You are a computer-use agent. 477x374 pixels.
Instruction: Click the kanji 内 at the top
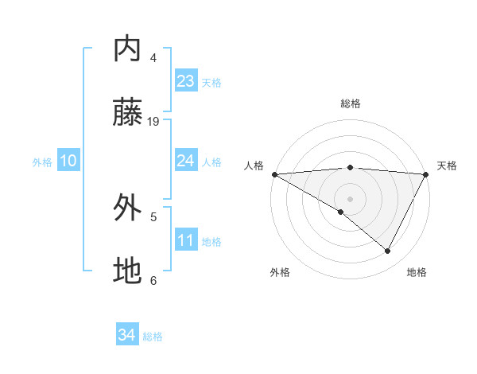(128, 49)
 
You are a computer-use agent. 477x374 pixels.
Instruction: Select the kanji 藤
(128, 113)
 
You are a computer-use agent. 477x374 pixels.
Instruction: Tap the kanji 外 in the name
(128, 208)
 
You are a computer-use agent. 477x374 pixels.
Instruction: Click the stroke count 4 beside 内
(153, 57)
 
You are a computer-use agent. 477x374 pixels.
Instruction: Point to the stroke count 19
(153, 121)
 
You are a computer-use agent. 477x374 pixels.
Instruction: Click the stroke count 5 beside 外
(153, 216)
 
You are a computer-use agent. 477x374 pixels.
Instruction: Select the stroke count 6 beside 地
(153, 280)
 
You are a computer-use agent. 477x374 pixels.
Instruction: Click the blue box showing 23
(185, 81)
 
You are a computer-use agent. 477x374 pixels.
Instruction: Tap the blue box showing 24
(185, 161)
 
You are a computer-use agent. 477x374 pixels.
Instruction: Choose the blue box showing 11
(185, 240)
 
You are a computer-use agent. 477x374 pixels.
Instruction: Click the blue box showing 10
(68, 161)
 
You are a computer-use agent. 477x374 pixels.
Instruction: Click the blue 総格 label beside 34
(153, 337)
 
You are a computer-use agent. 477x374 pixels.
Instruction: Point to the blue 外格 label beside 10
(42, 162)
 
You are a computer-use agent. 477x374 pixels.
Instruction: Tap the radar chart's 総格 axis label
(350, 103)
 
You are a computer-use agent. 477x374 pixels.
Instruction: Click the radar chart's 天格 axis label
(448, 166)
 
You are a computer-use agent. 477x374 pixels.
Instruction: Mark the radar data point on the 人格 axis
(274, 174)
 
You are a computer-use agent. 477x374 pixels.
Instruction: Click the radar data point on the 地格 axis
(388, 251)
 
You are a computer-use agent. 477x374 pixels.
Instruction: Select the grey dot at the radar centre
(350, 198)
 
